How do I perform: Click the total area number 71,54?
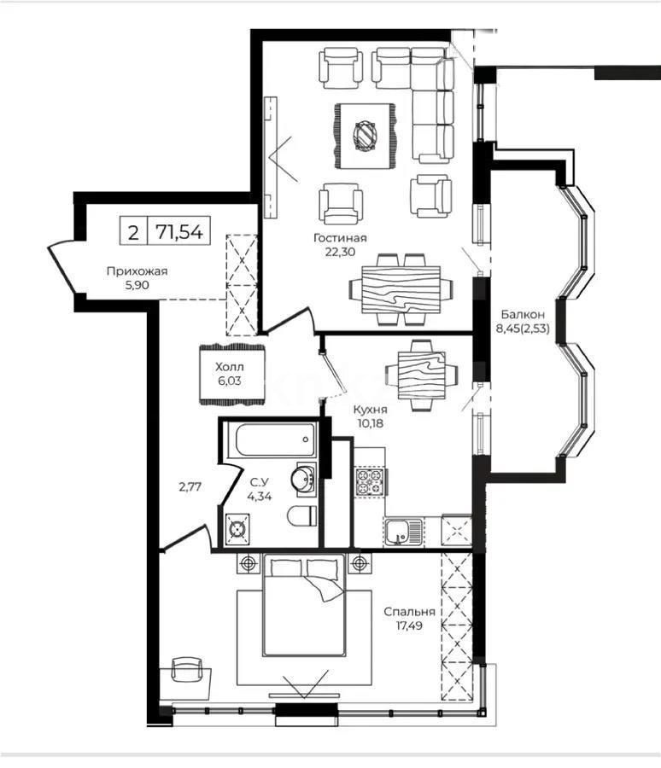point(180,230)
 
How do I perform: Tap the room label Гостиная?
point(339,238)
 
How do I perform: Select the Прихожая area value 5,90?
point(137,286)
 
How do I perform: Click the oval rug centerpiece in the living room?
point(366,135)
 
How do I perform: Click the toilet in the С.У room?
point(299,517)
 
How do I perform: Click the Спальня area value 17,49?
point(409,625)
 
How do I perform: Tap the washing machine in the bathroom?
point(237,529)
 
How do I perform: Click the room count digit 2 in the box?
point(132,230)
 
